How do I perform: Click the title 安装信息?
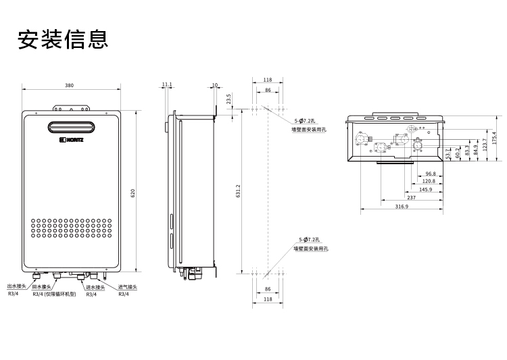click(x=63, y=38)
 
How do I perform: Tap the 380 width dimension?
click(x=70, y=85)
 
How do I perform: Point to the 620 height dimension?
click(x=133, y=193)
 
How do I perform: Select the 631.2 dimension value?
click(x=238, y=193)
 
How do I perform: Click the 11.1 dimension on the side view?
click(x=167, y=85)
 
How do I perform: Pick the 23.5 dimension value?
click(x=229, y=99)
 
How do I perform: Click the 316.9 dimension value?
click(x=402, y=206)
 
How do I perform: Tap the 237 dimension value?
click(x=412, y=198)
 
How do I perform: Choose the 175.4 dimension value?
click(x=495, y=138)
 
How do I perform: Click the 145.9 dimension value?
click(x=425, y=190)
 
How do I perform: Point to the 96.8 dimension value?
click(x=431, y=174)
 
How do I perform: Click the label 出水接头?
click(x=17, y=287)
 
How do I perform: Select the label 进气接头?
click(x=127, y=287)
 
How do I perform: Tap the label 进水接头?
click(x=95, y=287)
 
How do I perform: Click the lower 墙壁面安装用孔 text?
click(x=310, y=249)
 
